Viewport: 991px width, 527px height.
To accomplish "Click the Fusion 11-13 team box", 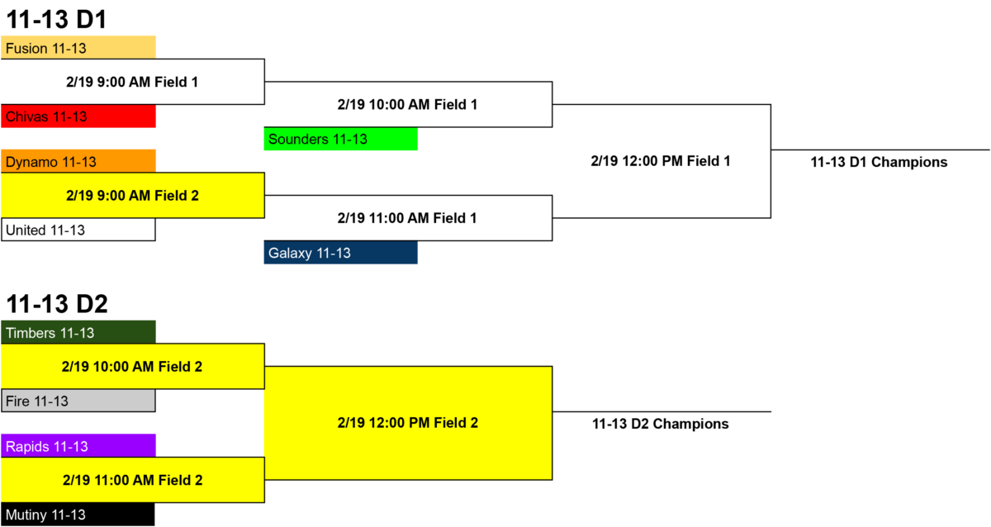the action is coord(78,47).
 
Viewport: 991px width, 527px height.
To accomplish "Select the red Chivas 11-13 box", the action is coord(78,116).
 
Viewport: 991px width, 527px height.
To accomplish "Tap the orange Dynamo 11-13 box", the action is coord(78,161).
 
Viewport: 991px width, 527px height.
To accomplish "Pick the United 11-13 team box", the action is coord(78,230).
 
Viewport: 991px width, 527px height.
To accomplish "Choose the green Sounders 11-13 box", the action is coord(340,139).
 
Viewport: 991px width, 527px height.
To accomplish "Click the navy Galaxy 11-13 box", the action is coord(340,253).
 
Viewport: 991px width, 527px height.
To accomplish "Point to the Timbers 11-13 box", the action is coord(78,332).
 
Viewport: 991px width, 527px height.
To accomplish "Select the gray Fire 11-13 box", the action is coord(78,401).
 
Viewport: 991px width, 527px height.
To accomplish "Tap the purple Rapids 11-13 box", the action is coord(78,446).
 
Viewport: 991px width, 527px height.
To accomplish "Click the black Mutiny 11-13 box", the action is coord(78,515).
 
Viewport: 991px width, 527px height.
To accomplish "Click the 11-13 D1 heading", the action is coord(57,20).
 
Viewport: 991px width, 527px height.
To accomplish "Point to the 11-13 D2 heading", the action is coord(57,304).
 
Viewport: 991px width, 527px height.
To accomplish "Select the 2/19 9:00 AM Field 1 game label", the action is coord(132,82).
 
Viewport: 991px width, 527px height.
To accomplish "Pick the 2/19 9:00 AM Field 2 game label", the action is coord(132,196).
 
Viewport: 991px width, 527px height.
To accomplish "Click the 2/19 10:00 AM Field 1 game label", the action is coord(407,104).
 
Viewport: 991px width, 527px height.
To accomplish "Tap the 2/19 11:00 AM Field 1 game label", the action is coord(407,218).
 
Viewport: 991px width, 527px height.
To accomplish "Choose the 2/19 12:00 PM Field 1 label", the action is coord(661,161).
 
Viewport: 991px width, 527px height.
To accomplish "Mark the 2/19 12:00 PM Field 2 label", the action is coord(408,423).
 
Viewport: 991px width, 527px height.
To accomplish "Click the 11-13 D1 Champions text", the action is coord(879,162).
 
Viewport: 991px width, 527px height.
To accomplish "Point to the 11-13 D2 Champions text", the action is coord(661,424).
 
